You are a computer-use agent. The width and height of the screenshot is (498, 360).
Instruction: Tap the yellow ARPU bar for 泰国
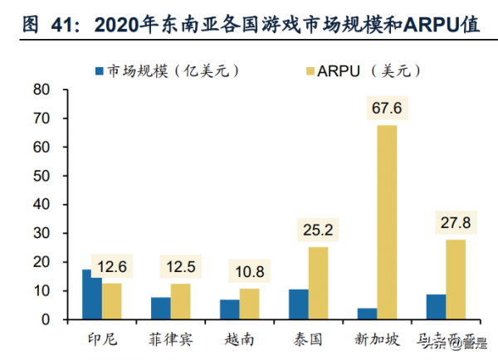pyautogui.click(x=318, y=283)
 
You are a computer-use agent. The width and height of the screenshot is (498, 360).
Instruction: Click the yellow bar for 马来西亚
pyautogui.click(x=456, y=279)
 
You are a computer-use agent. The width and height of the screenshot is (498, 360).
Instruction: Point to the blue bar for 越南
pyautogui.click(x=229, y=309)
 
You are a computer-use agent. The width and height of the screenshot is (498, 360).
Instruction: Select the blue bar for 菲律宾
pyautogui.click(x=161, y=309)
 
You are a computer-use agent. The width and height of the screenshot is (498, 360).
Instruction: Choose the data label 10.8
pyautogui.click(x=249, y=274)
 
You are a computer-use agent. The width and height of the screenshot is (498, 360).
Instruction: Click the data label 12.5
pyautogui.click(x=181, y=269)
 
